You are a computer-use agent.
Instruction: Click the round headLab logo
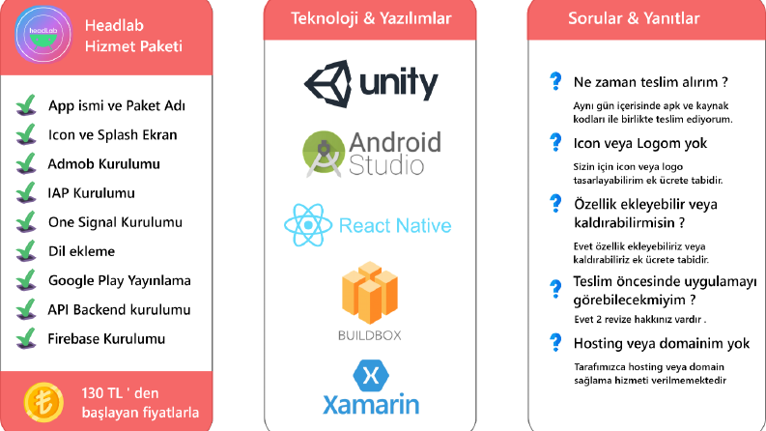[43, 34]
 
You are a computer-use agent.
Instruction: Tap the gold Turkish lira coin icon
[44, 402]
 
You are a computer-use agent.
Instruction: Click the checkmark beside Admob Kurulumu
[26, 163]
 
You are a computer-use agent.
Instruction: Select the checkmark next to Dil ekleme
[26, 250]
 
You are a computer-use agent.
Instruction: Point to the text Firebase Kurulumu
[106, 338]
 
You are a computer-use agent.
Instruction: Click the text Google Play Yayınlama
[119, 280]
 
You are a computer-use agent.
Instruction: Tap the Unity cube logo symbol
[327, 83]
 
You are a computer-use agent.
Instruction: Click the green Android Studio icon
[323, 154]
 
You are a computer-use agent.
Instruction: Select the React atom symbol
[308, 225]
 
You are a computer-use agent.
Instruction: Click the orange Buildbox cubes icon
[370, 293]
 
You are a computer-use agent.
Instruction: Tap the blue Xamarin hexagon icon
[371, 376]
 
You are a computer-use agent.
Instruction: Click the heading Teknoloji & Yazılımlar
[371, 18]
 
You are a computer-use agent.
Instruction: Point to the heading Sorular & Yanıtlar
[634, 18]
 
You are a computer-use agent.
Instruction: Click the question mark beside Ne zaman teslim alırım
[555, 80]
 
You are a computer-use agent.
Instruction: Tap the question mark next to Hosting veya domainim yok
[555, 342]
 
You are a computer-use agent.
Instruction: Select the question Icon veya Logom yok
[640, 143]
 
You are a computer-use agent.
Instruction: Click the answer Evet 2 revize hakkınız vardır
[640, 320]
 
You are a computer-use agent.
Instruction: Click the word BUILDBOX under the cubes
[370, 335]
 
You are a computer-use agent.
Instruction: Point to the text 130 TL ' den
[120, 393]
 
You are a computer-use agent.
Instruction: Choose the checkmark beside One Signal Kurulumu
[26, 221]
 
